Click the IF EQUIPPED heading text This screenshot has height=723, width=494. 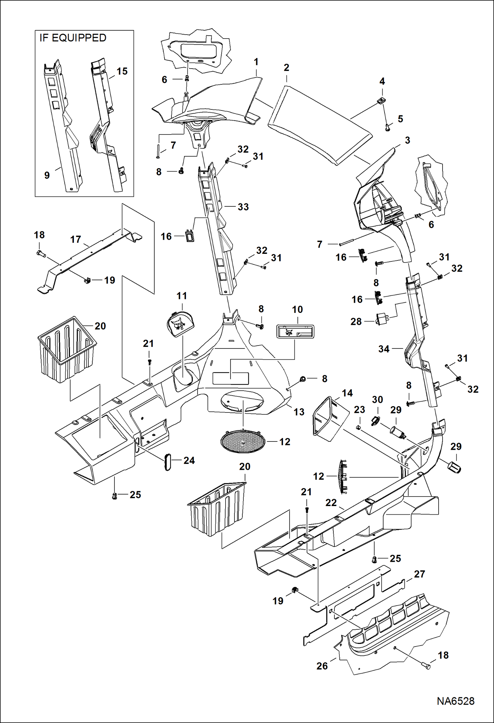click(x=73, y=38)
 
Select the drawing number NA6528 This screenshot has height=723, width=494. click(x=455, y=701)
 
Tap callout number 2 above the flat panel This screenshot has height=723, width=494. click(x=286, y=68)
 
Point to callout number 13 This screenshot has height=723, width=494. click(x=299, y=412)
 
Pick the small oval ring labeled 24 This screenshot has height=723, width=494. click(x=168, y=461)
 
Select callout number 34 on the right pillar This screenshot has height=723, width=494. click(x=384, y=349)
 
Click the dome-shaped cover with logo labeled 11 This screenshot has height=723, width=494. click(x=180, y=324)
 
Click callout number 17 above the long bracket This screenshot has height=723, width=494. click(x=76, y=239)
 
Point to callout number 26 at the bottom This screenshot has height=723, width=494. click(x=322, y=666)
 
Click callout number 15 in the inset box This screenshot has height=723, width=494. click(x=122, y=71)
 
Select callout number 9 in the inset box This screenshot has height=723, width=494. click(x=47, y=175)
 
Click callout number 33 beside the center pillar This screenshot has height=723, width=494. click(x=243, y=207)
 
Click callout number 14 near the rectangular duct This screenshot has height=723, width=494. click(x=347, y=393)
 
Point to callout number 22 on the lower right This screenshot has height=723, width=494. click(x=331, y=503)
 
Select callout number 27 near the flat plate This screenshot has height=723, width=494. click(x=419, y=574)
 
